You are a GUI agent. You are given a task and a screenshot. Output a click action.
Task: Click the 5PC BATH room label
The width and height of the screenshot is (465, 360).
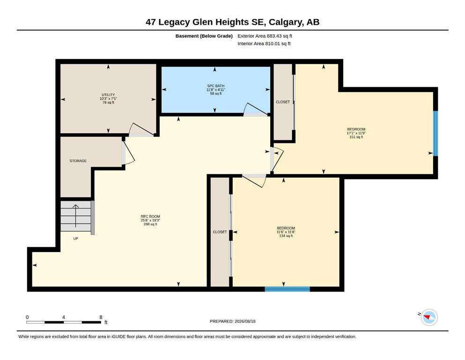(216, 86)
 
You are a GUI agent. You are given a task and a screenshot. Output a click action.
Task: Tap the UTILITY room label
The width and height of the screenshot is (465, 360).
(108, 95)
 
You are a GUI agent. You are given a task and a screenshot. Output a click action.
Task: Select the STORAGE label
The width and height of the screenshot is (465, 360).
(78, 161)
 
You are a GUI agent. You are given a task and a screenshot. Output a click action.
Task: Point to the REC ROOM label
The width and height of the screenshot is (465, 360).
(150, 217)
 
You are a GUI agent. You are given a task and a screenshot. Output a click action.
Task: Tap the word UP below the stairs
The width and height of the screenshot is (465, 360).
(75, 239)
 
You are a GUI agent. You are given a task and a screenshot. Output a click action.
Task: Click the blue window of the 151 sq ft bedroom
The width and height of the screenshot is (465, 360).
(435, 133)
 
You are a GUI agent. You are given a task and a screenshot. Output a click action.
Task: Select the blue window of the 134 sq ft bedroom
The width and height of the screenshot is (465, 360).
(287, 289)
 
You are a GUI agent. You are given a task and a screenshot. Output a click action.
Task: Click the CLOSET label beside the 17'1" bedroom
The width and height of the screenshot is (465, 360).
(283, 102)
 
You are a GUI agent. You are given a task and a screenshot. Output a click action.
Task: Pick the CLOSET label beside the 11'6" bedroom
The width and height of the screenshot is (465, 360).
(220, 232)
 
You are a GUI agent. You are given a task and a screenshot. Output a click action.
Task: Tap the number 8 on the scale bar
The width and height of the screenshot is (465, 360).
(101, 317)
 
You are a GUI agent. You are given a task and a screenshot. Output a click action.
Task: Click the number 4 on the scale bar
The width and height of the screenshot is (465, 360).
(64, 317)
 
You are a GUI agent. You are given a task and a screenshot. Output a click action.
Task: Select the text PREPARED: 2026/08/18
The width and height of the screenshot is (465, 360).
(232, 321)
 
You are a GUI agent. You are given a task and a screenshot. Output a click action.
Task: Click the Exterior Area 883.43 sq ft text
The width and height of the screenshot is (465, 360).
(265, 36)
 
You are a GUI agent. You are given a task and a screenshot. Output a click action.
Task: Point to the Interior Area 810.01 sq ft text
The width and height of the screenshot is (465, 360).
(264, 44)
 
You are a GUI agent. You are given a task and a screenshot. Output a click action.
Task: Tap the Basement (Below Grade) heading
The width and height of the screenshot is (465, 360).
(204, 36)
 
